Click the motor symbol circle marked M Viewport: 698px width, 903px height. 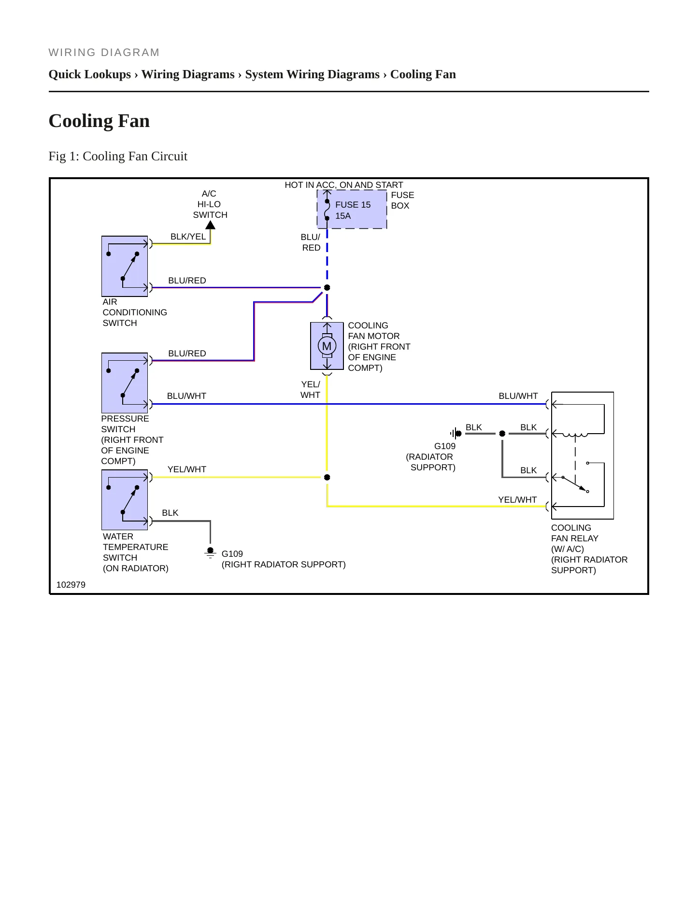[327, 346]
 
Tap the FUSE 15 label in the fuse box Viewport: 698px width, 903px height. [353, 205]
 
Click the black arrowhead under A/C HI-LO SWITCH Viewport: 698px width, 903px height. [210, 225]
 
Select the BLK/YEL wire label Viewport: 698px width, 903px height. [188, 237]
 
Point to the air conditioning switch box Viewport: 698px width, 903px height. [125, 266]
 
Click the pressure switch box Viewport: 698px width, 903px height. [125, 383]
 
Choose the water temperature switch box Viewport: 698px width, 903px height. [125, 500]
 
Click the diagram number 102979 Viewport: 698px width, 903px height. [71, 585]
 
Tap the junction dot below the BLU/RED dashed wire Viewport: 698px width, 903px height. [327, 288]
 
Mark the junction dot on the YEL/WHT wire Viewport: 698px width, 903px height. [327, 478]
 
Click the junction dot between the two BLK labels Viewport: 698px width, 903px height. [502, 434]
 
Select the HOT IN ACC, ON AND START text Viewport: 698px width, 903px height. [343, 185]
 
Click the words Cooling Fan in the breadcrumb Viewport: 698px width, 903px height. [423, 74]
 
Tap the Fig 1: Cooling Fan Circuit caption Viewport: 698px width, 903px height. [118, 156]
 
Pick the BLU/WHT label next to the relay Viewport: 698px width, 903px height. [518, 396]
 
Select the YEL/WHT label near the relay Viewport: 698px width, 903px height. [517, 500]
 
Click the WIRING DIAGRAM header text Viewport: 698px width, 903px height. [104, 53]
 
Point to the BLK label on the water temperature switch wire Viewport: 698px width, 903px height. [170, 513]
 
